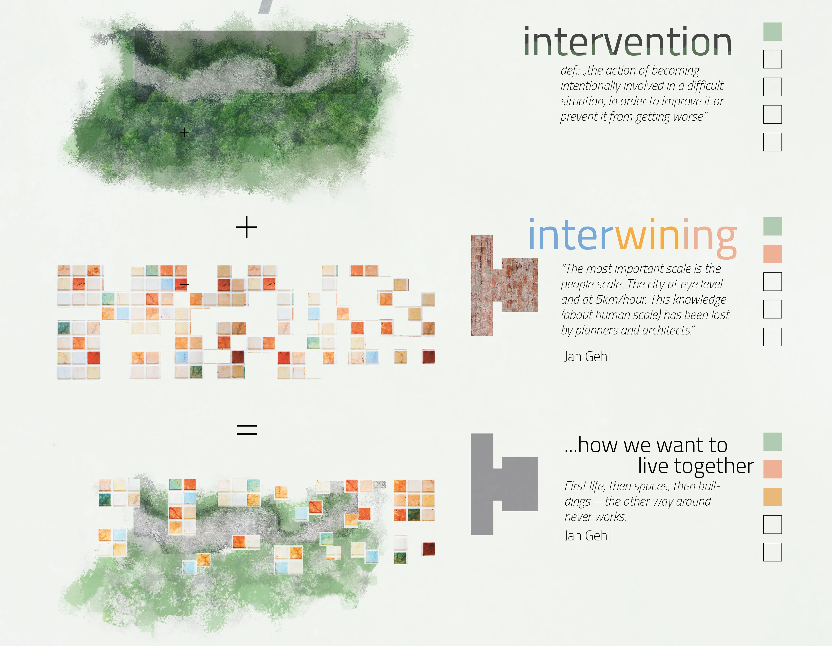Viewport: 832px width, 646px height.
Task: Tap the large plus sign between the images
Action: (x=247, y=227)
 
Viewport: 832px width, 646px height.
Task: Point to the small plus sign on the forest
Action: (x=184, y=132)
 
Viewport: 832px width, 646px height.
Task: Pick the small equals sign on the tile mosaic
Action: (x=185, y=286)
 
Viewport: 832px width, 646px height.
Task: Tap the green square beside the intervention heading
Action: (x=772, y=32)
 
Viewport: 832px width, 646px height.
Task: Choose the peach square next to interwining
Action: (x=772, y=254)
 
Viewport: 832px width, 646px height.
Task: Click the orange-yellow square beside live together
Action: (x=772, y=497)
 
